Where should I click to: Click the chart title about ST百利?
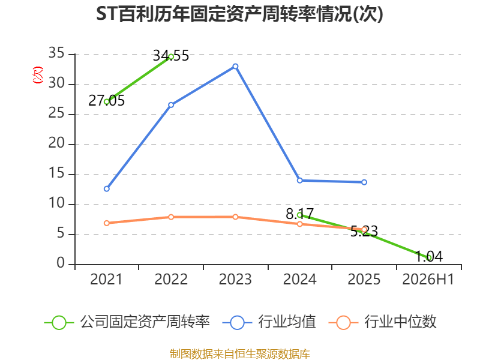coord(239,14)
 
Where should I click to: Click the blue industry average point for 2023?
coord(235,67)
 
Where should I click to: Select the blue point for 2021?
coord(107,189)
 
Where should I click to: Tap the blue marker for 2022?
coord(171,105)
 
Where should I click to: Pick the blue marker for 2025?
coord(364,182)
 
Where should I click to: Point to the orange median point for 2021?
coord(107,223)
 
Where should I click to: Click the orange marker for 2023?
coord(235,217)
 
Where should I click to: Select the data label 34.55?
coord(171,56)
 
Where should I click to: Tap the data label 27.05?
coord(107,101)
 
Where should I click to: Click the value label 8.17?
coord(299,214)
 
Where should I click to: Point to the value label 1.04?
coord(429,257)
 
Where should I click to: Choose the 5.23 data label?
coord(364,232)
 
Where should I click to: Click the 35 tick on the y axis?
coord(56,53)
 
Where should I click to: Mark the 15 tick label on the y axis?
coord(56,173)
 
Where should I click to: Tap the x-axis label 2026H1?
coord(428,280)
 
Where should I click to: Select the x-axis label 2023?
coord(235,280)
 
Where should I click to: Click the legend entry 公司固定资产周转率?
coord(127,322)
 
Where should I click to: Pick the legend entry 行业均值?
coord(269,322)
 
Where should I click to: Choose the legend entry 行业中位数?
coord(382,322)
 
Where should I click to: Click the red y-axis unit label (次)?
coord(38,75)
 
